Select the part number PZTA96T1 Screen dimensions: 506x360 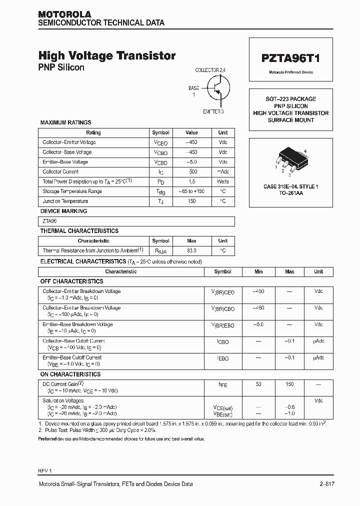tap(290, 58)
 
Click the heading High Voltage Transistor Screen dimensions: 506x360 tap(107, 56)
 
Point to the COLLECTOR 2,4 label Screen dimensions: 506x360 tap(210, 70)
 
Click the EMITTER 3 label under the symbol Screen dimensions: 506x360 tap(213, 111)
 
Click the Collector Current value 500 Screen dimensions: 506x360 tap(191, 171)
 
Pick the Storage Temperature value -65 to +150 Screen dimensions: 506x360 tap(191, 191)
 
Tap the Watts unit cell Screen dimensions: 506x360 tap(222, 181)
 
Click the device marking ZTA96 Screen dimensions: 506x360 tap(49, 221)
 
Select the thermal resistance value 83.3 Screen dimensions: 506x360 tap(191, 250)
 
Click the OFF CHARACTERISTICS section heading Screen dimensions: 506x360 tap(71, 281)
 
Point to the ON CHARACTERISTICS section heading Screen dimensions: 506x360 tap(70, 374)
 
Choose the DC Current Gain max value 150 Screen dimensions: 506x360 tap(289, 384)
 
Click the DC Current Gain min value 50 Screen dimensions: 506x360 tap(258, 384)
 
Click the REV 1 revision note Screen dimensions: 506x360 tap(45, 471)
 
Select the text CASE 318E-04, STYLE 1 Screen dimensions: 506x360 tap(290, 186)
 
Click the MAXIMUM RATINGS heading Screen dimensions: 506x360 tap(65, 122)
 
